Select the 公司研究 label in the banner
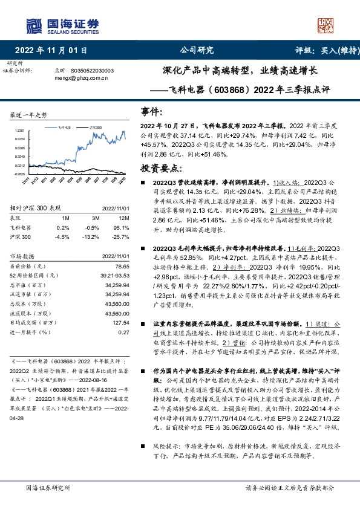197,50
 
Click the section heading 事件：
152,112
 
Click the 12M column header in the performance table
125,217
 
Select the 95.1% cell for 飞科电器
123,227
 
